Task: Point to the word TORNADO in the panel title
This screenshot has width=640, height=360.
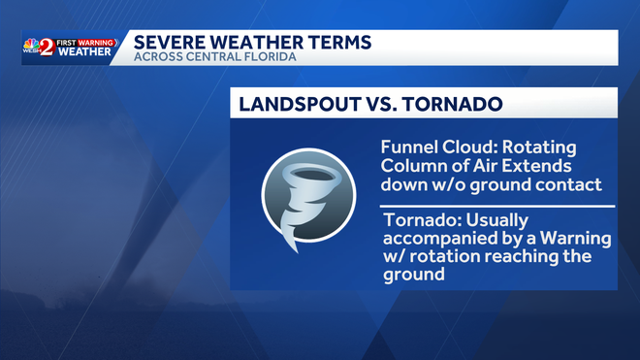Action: [452, 104]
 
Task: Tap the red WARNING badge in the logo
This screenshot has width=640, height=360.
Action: [96, 43]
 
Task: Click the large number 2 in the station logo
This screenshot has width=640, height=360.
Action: [48, 48]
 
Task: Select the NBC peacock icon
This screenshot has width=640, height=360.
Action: [31, 44]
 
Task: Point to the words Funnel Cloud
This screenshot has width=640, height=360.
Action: [438, 147]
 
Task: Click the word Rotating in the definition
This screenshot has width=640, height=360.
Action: [539, 147]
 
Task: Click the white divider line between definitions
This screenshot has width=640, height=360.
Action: [497, 207]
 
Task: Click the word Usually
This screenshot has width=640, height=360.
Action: [496, 221]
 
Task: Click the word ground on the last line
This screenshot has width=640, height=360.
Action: [414, 275]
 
